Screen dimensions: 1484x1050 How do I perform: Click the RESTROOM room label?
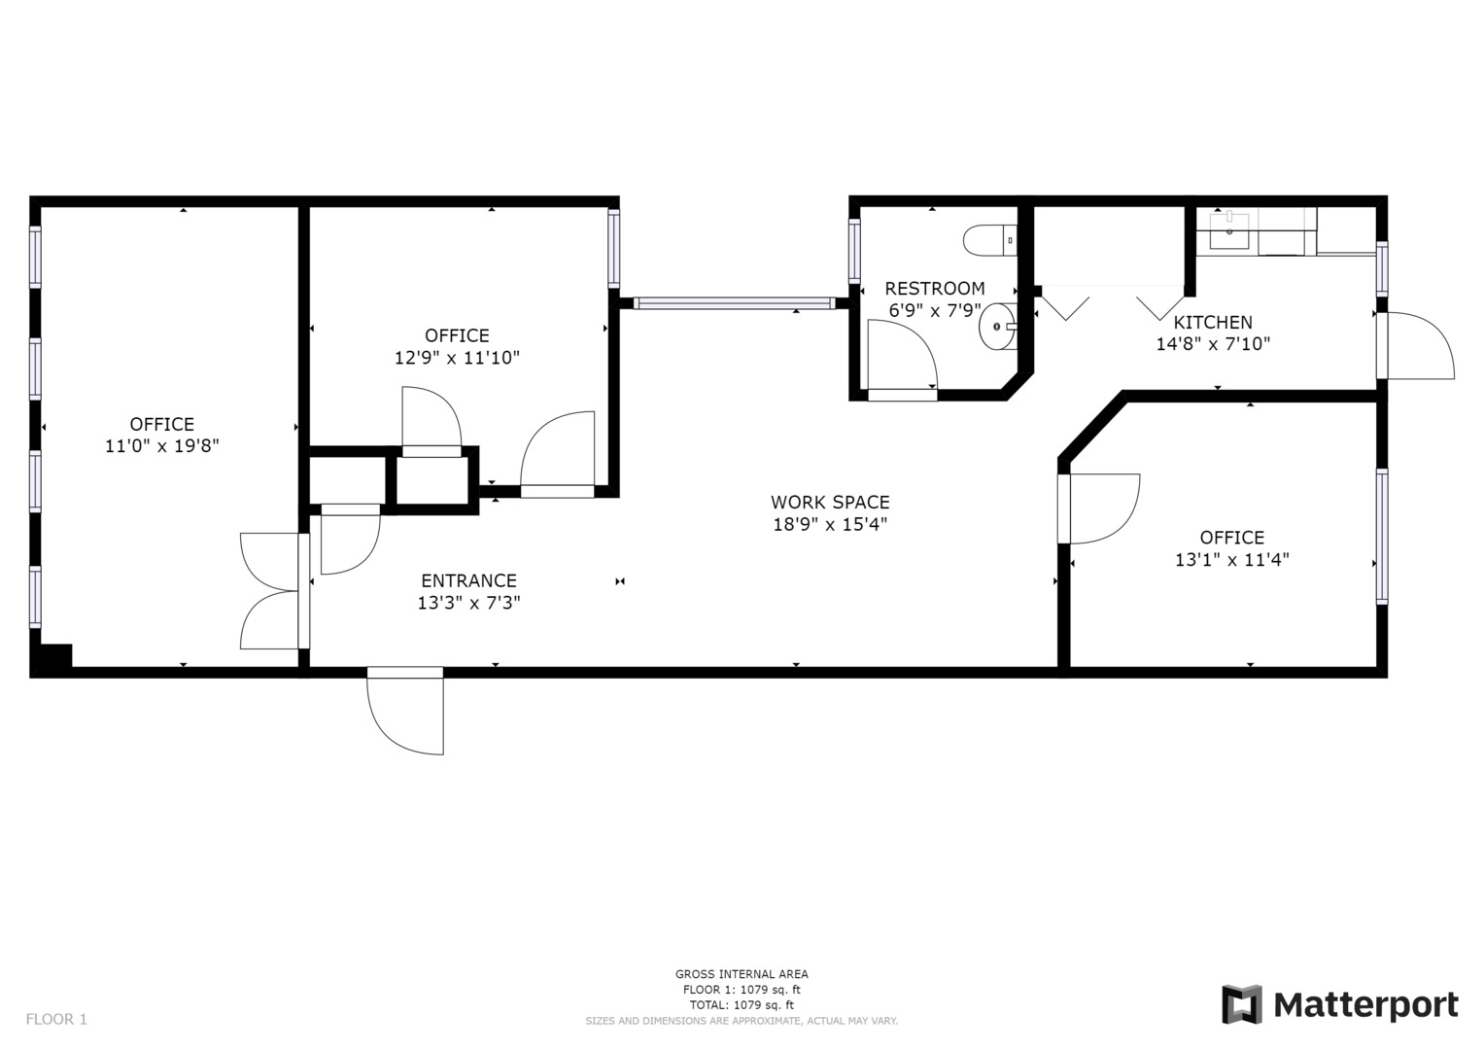pyautogui.click(x=934, y=289)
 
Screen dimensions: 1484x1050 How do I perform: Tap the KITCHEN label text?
pyautogui.click(x=1213, y=322)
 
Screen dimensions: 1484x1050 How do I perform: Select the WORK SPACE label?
pyautogui.click(x=829, y=502)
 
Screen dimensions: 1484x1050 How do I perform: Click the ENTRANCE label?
pyautogui.click(x=468, y=580)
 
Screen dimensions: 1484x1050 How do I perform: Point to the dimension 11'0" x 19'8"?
pyautogui.click(x=161, y=445)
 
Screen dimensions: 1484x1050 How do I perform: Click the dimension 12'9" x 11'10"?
pyautogui.click(x=457, y=358)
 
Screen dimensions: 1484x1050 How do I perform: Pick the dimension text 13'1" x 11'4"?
pyautogui.click(x=1231, y=559)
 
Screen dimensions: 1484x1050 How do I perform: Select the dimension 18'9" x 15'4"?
pyautogui.click(x=829, y=524)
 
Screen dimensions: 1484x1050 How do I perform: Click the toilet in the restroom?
pyautogui.click(x=989, y=241)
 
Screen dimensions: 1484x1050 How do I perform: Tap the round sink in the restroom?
pyautogui.click(x=997, y=326)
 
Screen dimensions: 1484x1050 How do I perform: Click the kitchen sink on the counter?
pyautogui.click(x=1229, y=230)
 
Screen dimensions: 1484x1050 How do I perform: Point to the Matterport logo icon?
pyautogui.click(x=1241, y=1004)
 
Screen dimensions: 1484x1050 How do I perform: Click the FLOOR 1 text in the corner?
pyautogui.click(x=56, y=1020)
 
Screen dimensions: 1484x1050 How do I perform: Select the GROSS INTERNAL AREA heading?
pyautogui.click(x=742, y=974)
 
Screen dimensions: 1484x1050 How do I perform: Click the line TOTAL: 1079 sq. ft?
pyautogui.click(x=742, y=1005)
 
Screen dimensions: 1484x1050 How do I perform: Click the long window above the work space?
pyautogui.click(x=734, y=303)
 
